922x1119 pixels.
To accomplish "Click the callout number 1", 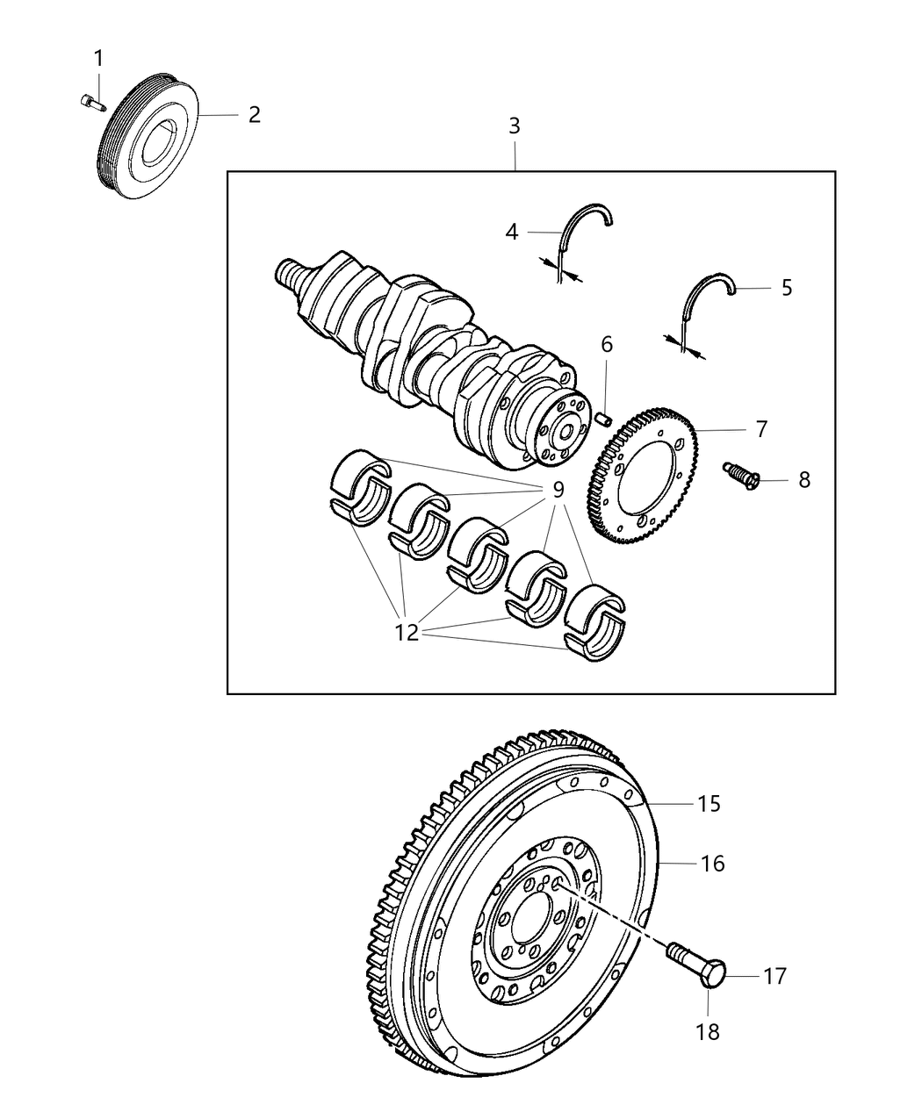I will point(98,59).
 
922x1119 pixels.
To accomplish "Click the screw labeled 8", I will point(738,474).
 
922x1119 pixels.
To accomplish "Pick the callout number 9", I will point(557,491).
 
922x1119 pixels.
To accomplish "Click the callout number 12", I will point(407,631).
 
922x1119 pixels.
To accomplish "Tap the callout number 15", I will point(709,803).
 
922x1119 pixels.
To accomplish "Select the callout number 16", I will point(712,864).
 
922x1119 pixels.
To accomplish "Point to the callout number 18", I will point(708,1032).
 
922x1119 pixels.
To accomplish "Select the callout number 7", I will point(760,429).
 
